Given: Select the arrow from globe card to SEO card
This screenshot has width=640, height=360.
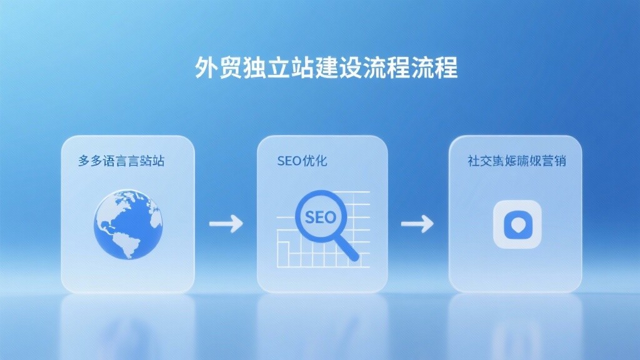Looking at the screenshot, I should click(226, 223).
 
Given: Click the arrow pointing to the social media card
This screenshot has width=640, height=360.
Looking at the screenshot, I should click(417, 223).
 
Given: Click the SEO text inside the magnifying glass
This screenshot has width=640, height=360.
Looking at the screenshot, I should click(319, 217).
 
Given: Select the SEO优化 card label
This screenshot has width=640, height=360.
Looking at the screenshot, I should click(302, 161).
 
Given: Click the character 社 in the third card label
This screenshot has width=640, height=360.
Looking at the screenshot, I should click(474, 161).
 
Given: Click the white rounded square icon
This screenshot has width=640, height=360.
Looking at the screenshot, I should click(517, 224).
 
